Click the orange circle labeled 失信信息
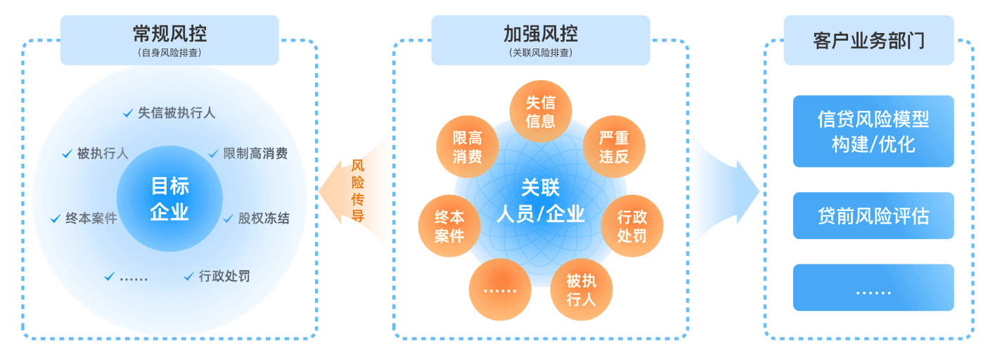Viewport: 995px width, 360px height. tap(541, 111)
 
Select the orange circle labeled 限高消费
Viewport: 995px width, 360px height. tap(468, 147)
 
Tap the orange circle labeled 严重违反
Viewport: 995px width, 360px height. tap(614, 147)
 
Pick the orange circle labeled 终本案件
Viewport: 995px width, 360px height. tap(449, 226)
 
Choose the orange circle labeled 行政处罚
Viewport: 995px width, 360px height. tap(632, 226)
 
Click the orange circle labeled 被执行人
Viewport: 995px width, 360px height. tap(582, 290)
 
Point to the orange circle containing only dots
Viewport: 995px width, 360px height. tap(500, 290)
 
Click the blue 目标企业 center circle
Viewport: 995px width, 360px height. tap(169, 198)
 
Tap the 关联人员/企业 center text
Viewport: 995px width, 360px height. tap(541, 200)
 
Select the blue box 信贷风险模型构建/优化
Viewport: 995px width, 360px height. tap(873, 131)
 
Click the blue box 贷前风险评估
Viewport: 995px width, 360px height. tap(873, 216)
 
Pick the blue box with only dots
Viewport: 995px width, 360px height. tap(873, 288)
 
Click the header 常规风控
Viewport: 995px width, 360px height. tap(169, 40)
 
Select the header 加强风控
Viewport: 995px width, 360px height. tap(541, 40)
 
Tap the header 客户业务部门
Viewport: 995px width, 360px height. tap(869, 40)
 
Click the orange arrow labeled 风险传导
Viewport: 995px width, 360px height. tap(351, 191)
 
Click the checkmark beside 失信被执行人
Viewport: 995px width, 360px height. tap(128, 113)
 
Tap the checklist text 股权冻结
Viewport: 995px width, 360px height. tap(264, 219)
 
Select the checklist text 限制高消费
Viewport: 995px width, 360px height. tap(255, 153)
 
